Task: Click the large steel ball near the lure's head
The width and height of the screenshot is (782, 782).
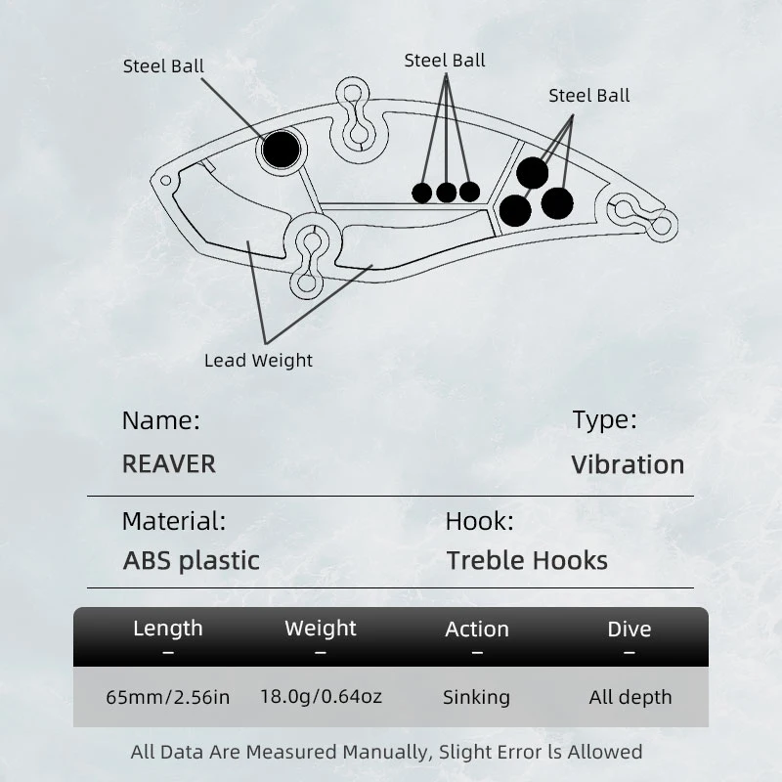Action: click(281, 150)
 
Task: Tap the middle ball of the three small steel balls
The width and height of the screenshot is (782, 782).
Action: click(446, 193)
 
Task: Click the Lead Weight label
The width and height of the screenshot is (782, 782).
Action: click(258, 360)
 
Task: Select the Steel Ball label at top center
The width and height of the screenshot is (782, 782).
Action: click(445, 61)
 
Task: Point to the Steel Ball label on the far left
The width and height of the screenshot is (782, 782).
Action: click(163, 66)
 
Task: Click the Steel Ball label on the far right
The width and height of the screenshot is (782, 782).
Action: click(589, 95)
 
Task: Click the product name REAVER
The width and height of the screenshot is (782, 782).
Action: click(169, 463)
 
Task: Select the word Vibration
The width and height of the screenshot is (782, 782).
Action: click(628, 465)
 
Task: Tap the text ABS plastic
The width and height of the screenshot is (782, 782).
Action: click(191, 560)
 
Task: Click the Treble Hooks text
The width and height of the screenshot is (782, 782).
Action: click(527, 560)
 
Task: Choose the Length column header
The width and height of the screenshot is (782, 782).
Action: click(168, 629)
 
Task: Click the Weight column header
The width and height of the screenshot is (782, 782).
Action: click(321, 629)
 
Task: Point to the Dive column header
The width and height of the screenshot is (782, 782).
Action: click(630, 630)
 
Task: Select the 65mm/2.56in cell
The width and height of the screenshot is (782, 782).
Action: click(168, 697)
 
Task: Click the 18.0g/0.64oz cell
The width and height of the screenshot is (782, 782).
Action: click(322, 696)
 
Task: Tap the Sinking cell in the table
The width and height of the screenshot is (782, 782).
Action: click(476, 697)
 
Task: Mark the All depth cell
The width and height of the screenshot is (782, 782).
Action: click(630, 697)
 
